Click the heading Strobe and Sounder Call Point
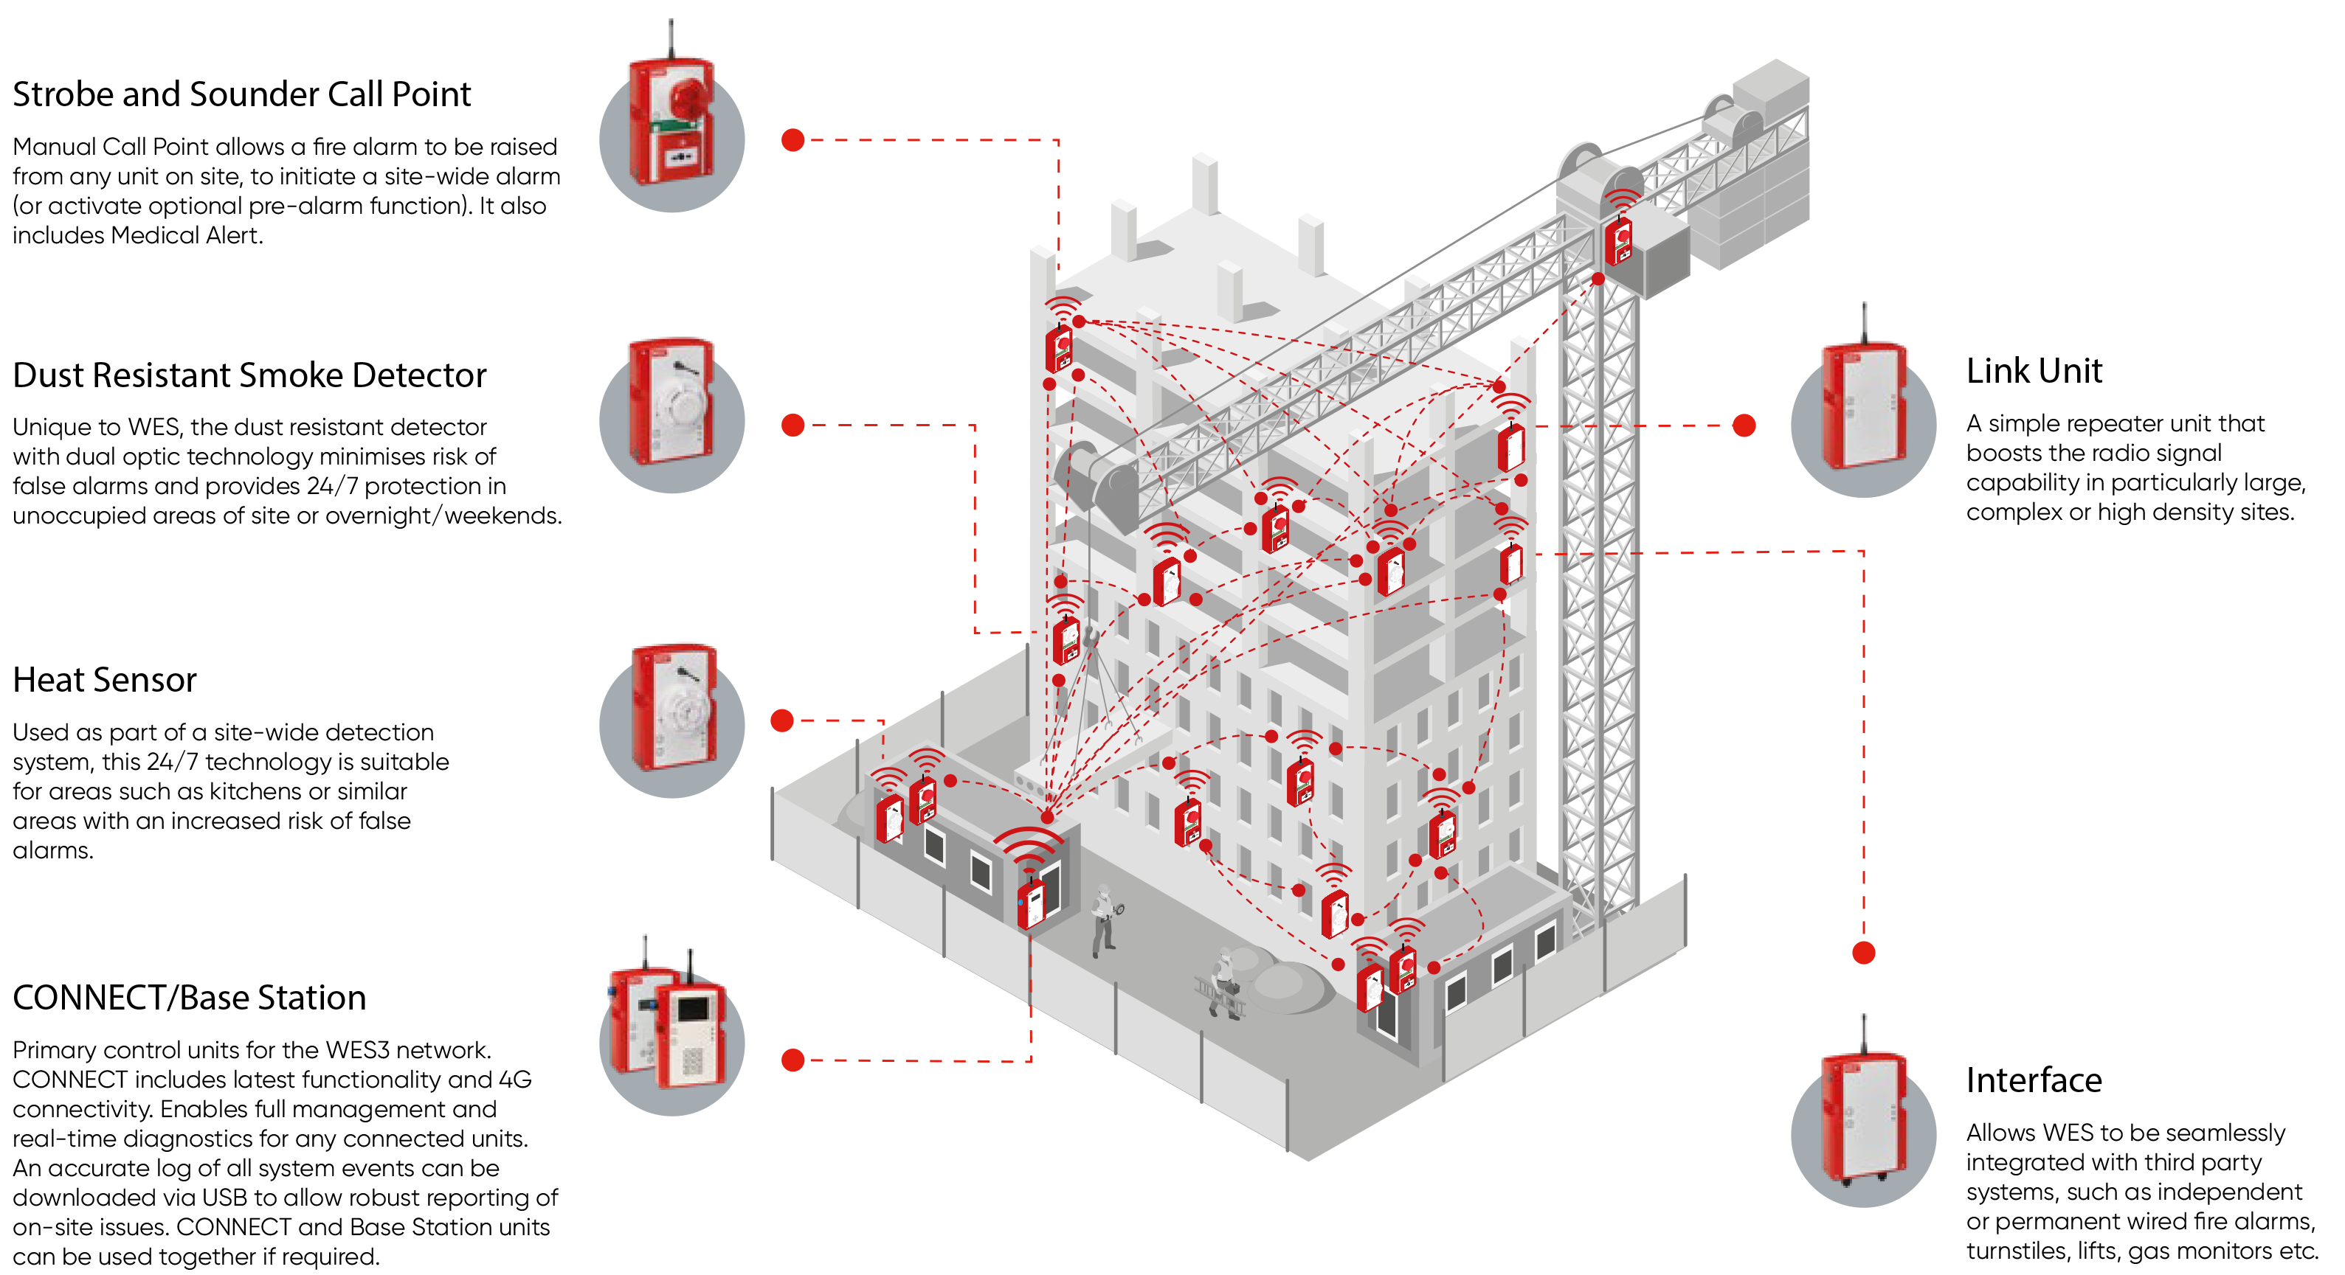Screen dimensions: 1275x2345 pyautogui.click(x=241, y=94)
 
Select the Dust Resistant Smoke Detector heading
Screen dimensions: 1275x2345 pyautogui.click(x=249, y=375)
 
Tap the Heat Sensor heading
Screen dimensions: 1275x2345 pyautogui.click(x=105, y=680)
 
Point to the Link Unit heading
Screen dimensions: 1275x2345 pyautogui.click(x=2034, y=372)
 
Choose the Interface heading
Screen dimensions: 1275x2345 pyautogui.click(x=2034, y=1080)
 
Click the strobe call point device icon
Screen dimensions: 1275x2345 pyautogui.click(x=671, y=123)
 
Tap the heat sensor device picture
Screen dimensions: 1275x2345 pyautogui.click(x=674, y=709)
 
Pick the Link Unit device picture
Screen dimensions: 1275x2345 pyautogui.click(x=1863, y=405)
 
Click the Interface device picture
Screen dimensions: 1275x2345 pyautogui.click(x=1863, y=1115)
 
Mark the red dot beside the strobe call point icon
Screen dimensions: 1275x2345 pyautogui.click(x=793, y=140)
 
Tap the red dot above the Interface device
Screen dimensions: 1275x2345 pyautogui.click(x=1863, y=953)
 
